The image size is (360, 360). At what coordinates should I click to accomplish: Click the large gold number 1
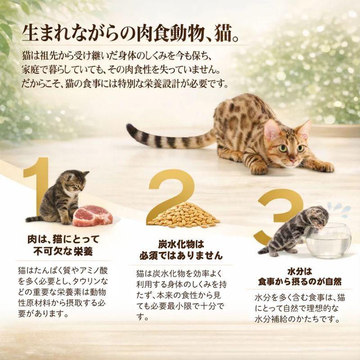coord(38,189)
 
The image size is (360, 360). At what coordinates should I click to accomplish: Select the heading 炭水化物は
coord(181,245)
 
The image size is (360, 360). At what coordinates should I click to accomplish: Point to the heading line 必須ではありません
coord(181,256)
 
